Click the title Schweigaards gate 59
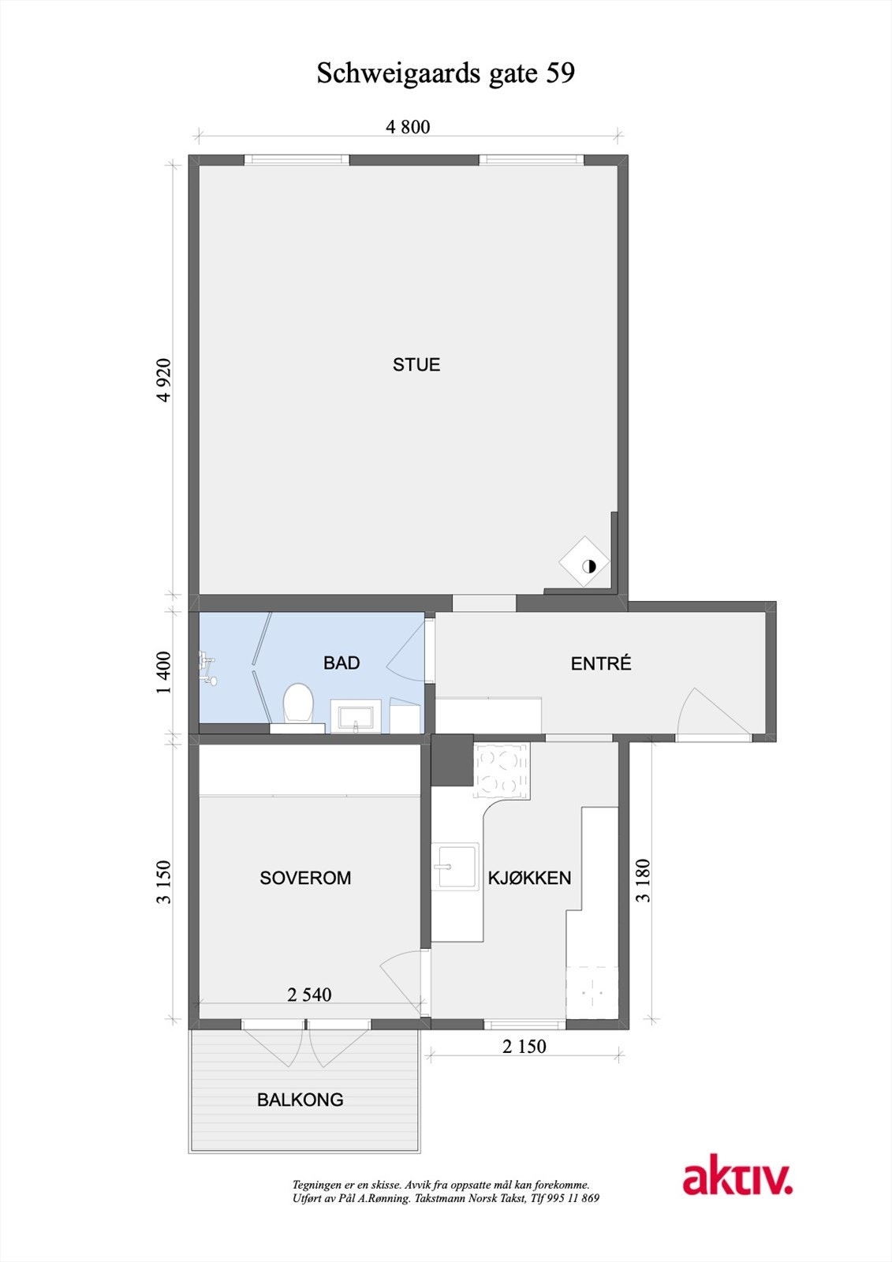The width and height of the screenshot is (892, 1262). point(446,73)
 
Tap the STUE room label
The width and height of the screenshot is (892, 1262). point(416,364)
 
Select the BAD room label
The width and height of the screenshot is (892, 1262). point(341,663)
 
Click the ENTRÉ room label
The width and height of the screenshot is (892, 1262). point(601,664)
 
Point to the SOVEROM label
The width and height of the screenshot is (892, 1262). point(305,878)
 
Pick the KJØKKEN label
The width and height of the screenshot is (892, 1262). point(529,878)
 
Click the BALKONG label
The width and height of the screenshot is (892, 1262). point(300,1100)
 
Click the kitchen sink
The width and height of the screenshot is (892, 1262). point(455,868)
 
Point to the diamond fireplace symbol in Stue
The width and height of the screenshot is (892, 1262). point(585,563)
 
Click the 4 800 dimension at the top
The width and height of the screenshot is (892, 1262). point(408,127)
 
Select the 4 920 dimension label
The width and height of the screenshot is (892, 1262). point(164,380)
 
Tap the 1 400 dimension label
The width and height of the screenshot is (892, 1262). point(164,672)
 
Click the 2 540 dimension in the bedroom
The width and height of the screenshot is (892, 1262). point(309,995)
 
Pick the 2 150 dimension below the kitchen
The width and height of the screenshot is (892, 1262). point(524,1047)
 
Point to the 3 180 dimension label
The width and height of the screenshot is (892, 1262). point(644,880)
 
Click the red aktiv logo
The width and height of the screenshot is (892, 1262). point(737,1178)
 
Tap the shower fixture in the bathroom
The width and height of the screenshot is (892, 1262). point(208,663)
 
